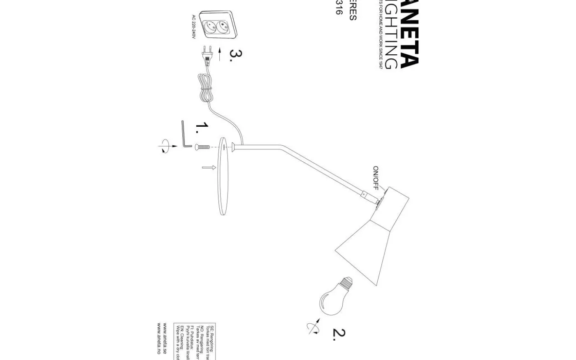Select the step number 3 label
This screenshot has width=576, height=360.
[x=236, y=55]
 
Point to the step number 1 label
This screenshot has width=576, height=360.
[x=202, y=128]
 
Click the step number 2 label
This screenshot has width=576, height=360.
[x=339, y=334]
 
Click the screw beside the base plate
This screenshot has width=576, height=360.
[x=202, y=146]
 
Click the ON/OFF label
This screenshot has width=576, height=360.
[x=376, y=178]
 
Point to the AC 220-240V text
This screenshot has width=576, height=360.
[x=193, y=27]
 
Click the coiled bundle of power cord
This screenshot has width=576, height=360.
[x=206, y=88]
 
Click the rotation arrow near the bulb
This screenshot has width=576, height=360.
[x=313, y=326]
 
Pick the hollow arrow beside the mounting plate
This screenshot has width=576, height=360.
[x=209, y=167]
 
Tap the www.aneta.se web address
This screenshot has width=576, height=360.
[x=165, y=339]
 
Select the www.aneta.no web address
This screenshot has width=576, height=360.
[x=158, y=339]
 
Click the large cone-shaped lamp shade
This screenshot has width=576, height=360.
[x=366, y=247]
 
